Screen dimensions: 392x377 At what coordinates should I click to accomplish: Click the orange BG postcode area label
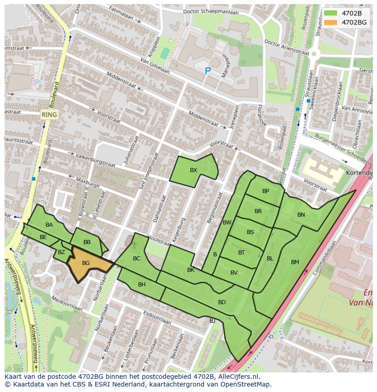click(x=86, y=263)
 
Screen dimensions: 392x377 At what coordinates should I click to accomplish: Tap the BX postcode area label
click(x=194, y=170)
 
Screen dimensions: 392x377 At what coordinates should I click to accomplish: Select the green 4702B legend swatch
click(x=331, y=14)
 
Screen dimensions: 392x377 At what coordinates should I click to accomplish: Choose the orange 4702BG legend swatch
click(x=331, y=22)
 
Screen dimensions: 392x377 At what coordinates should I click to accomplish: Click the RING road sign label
click(x=49, y=115)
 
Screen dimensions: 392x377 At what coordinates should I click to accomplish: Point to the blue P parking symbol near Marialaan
click(x=208, y=71)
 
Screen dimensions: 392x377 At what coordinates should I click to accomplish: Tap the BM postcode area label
click(x=295, y=262)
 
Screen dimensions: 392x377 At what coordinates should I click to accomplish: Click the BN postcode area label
click(x=301, y=215)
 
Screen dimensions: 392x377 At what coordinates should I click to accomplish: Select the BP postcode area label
click(x=265, y=191)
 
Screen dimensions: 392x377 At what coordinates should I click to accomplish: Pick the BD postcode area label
click(x=222, y=302)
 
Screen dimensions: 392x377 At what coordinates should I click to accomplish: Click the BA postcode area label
click(x=49, y=225)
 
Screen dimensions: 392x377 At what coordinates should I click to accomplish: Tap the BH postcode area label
click(x=142, y=285)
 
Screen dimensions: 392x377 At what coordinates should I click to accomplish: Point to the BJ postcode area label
click(x=212, y=321)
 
